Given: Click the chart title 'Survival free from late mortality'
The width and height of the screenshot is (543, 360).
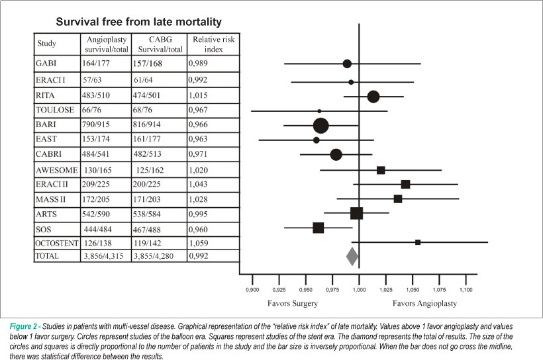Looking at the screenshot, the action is [138, 22].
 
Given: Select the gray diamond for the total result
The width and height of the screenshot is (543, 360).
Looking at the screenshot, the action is [352, 257].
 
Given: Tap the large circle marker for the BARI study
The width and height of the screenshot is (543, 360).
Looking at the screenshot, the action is [321, 125].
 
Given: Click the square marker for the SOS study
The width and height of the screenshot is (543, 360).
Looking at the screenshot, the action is [319, 228].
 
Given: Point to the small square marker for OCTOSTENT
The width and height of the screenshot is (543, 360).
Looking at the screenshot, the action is [418, 242].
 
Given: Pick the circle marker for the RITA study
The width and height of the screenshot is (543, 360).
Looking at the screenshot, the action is [373, 97].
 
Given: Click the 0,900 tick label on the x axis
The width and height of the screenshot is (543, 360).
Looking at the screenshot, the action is [252, 290].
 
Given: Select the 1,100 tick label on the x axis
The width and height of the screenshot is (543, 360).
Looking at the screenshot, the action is [466, 290].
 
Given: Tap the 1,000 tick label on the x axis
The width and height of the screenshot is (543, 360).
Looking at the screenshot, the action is [359, 290].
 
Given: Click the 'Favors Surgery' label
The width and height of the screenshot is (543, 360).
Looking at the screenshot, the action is [293, 304].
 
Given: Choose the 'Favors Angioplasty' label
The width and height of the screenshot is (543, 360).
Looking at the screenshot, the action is [424, 304].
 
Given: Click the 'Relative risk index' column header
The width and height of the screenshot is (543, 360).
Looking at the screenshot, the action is [213, 44].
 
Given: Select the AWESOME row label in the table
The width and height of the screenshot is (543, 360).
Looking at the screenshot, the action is [57, 170].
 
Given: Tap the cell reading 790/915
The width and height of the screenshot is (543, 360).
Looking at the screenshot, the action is [96, 124].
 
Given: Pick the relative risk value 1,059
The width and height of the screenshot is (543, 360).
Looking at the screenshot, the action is [199, 244].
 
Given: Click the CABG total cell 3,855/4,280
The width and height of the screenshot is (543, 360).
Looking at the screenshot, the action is [154, 256].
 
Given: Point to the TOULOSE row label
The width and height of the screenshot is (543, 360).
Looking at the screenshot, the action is [55, 110].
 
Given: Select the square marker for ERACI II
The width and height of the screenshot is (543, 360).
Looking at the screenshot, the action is [405, 184].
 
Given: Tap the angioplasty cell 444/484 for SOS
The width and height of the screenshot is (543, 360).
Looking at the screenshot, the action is [98, 230].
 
